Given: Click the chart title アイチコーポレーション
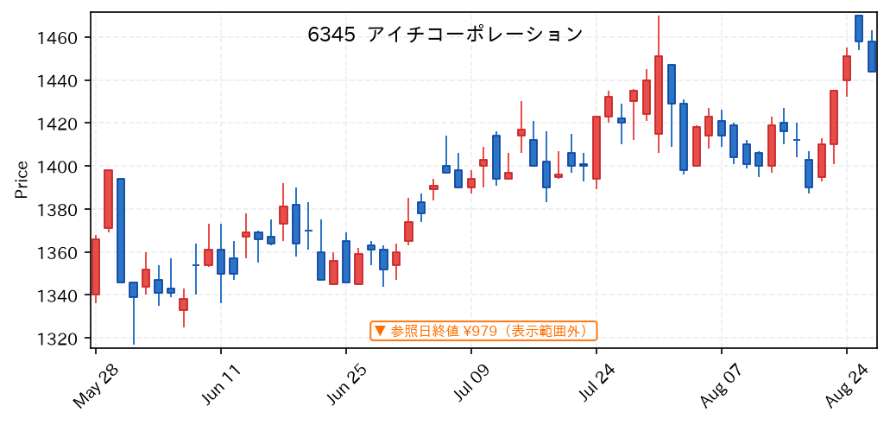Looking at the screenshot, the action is click(x=475, y=35).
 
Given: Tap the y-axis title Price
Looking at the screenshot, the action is click(x=22, y=180).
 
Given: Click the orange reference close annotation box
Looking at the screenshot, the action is click(x=483, y=331).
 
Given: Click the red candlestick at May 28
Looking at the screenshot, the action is click(x=95, y=267).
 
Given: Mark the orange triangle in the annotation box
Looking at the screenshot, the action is click(x=381, y=331).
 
